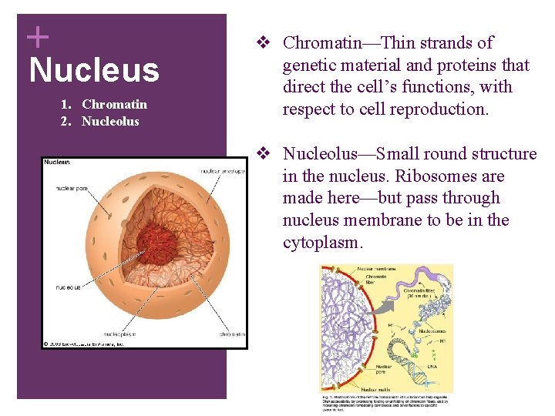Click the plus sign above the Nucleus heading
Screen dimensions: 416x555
coord(37,35)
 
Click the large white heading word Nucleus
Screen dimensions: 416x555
coord(93,70)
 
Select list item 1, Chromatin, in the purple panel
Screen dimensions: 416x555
coord(114,104)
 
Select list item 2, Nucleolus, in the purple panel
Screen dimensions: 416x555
coord(110,121)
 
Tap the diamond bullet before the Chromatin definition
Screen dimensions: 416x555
coord(262,42)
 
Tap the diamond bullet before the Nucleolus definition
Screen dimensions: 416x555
coord(262,154)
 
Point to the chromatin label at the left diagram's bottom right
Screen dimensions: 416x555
coord(231,334)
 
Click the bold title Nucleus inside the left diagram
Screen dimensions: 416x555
coord(58,163)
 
